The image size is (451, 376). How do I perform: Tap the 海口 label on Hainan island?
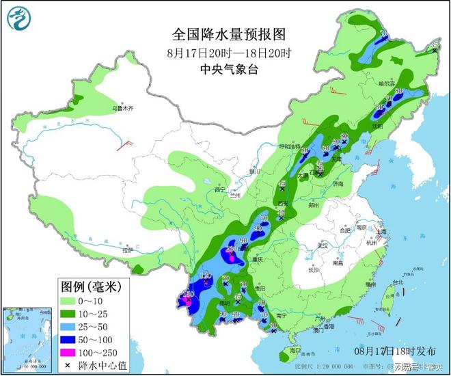[x=295, y=349]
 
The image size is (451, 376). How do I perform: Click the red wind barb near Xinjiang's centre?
[x=125, y=143]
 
